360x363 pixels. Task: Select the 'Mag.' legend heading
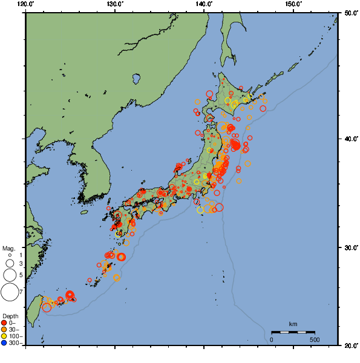8,249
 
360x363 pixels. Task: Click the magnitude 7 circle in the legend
9,292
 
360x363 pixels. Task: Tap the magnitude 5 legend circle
9,275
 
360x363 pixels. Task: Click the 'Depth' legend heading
10,316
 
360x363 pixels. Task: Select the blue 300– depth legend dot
4,343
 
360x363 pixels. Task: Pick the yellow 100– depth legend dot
4,336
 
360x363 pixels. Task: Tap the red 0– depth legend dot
4,322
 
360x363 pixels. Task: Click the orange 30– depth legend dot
4,329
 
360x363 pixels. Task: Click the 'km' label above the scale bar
293,324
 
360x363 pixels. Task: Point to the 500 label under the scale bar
315,339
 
